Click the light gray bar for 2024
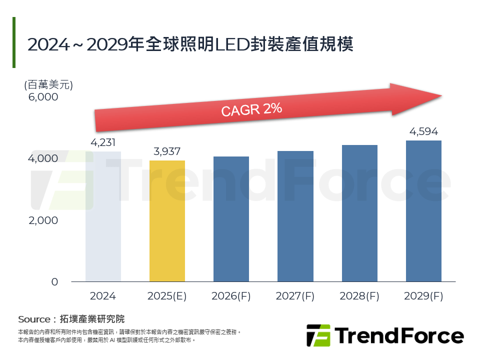click(103, 216)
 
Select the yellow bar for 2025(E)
click(167, 221)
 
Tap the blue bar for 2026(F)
click(231, 219)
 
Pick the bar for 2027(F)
click(295, 216)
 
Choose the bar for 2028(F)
click(359, 213)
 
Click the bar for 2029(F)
click(423, 211)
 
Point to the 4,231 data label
click(103, 143)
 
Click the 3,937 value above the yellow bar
click(167, 151)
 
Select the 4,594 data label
click(423, 132)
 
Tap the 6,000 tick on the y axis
click(43, 97)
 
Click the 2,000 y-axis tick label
click(43, 220)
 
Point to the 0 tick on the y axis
click(54, 282)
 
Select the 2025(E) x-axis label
click(167, 296)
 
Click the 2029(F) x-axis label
click(423, 296)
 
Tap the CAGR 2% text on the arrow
click(251, 110)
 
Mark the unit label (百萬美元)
click(48, 84)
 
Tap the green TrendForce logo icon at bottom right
click(318, 335)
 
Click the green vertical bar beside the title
click(14, 42)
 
